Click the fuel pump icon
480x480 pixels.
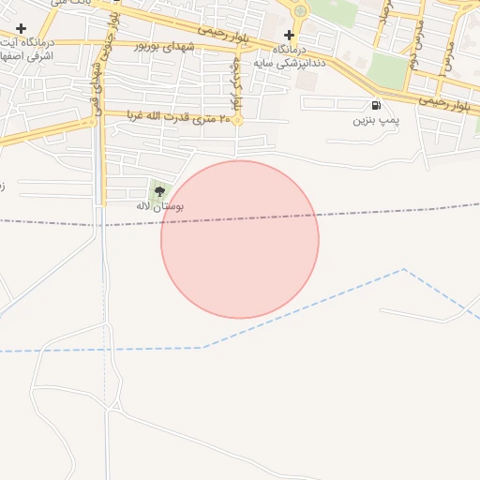point(376,105)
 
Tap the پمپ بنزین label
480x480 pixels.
point(376,120)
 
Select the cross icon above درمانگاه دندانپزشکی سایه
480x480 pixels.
point(289,35)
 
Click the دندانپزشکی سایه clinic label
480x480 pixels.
point(301,55)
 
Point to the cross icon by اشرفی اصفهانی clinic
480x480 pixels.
point(21,29)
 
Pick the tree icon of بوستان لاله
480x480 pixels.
point(157,190)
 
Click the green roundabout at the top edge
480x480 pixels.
point(300,11)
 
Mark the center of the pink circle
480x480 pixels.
point(240,239)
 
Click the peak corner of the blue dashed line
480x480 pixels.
point(404,270)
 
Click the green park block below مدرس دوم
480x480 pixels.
point(386,68)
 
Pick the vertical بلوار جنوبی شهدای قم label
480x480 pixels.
point(98,84)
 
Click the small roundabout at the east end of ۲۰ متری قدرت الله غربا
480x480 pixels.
point(238,120)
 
